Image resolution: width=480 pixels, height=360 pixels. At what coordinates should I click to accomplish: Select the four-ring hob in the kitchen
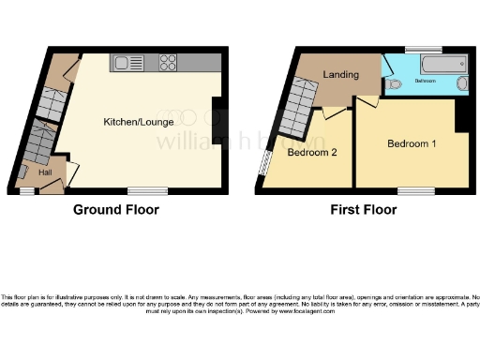[169, 64]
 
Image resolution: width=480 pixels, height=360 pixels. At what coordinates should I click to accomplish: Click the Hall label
[44, 172]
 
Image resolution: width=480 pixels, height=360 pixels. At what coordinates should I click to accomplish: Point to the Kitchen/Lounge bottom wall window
[148, 190]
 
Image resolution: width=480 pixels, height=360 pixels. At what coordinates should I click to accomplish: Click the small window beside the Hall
[27, 190]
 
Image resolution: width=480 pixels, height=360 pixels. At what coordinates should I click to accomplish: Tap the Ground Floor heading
[116, 210]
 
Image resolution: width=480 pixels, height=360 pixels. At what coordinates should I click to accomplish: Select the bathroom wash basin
[463, 84]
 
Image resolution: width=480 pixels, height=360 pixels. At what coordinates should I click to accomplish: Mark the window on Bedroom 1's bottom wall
[409, 190]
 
